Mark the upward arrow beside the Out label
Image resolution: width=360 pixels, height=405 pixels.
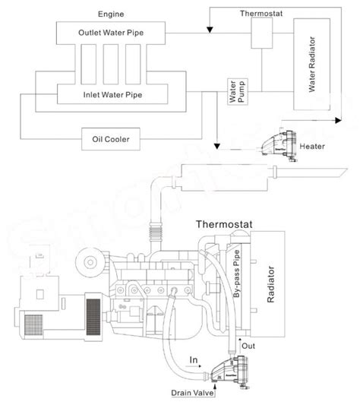click(237, 345)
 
